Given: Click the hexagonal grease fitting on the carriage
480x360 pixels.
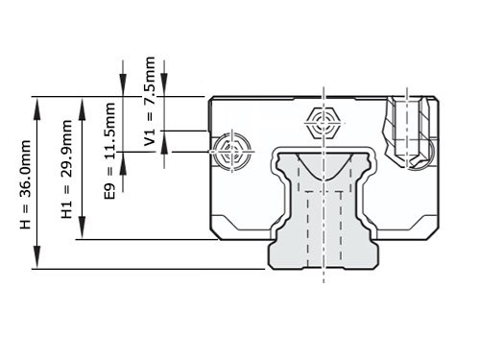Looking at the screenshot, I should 324,123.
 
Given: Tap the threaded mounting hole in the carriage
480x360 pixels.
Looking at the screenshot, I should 406,130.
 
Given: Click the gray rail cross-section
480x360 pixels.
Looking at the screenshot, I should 324,216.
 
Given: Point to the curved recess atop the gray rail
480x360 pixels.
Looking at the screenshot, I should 324,158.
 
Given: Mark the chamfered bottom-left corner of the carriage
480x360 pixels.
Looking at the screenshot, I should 217,233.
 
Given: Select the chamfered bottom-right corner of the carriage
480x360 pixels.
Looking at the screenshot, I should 434,233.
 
